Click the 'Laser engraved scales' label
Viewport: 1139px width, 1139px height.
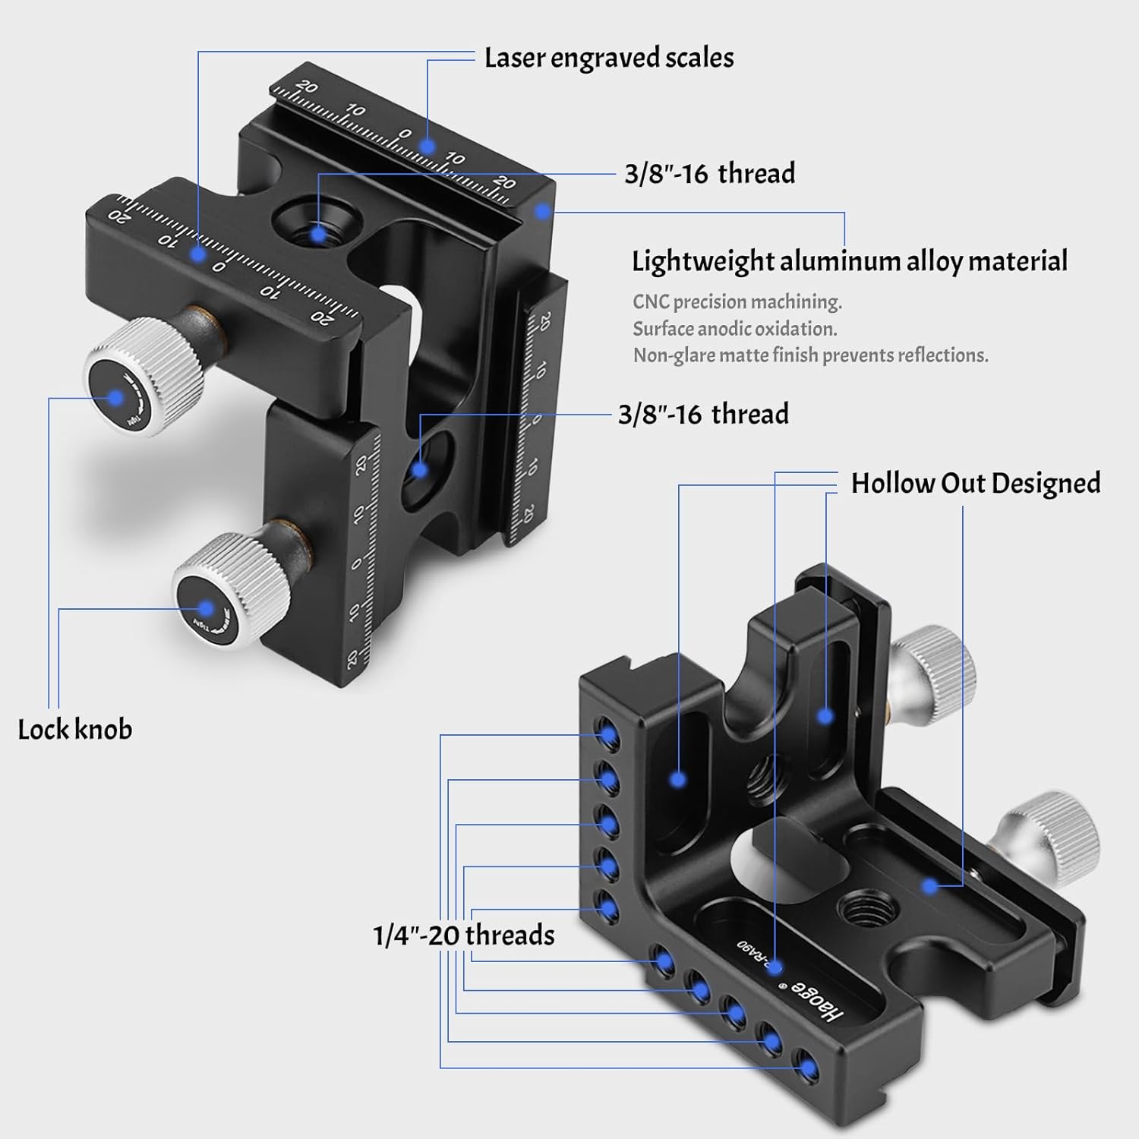point(609,58)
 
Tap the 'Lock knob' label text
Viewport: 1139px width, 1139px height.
point(75,729)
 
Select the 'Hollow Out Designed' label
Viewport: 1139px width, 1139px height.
point(975,483)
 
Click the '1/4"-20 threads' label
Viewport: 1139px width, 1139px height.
point(464,935)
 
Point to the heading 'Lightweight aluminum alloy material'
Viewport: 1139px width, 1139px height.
point(849,260)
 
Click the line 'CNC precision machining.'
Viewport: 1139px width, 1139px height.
point(737,301)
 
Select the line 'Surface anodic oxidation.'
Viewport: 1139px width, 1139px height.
point(735,328)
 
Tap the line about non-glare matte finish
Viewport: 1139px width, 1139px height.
point(810,355)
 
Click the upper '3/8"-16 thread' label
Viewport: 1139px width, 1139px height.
point(709,173)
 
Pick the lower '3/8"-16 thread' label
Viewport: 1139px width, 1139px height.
point(703,414)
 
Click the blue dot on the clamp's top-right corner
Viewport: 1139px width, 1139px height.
point(541,210)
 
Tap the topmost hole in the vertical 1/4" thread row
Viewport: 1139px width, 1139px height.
point(607,733)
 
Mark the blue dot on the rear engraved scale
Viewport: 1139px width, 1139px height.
point(428,146)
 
